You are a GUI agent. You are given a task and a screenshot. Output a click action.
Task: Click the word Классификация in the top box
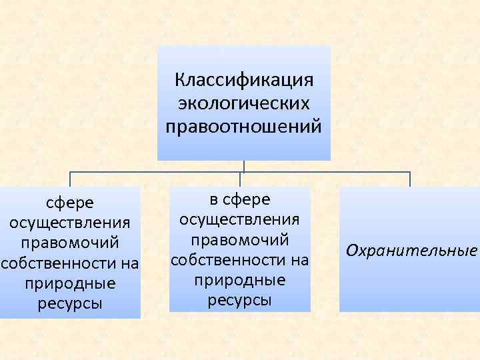243,81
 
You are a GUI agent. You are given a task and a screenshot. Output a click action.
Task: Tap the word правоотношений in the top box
243,125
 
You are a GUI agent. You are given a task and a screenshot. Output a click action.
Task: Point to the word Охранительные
411,251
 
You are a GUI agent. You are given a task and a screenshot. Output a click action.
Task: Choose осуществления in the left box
69,222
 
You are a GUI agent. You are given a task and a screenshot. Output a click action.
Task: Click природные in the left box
69,284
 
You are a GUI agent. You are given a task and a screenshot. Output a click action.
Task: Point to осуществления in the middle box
239,219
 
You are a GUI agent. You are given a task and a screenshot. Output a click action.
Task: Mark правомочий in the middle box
239,239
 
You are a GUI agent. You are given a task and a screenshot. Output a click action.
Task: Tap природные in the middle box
239,280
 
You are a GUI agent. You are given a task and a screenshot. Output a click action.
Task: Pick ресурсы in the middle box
239,301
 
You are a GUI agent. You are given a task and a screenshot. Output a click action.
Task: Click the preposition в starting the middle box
213,199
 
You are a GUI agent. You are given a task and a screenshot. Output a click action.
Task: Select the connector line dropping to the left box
70,179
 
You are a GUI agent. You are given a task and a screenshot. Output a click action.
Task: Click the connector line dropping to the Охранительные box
410,179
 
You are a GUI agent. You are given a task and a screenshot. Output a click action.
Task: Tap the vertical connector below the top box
244,166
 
